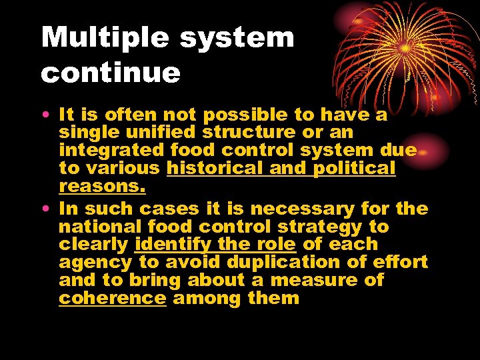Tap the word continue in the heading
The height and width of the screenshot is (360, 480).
pos(111,73)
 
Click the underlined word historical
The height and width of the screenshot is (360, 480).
pos(214,169)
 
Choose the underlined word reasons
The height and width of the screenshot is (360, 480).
pos(102,187)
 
